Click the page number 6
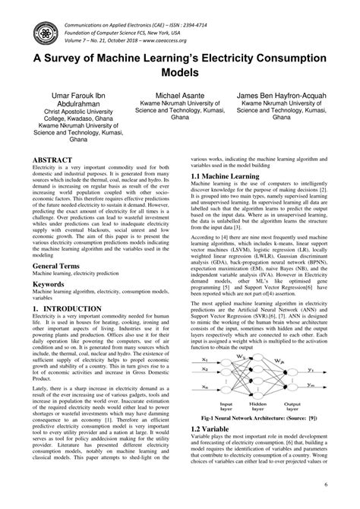325,484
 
